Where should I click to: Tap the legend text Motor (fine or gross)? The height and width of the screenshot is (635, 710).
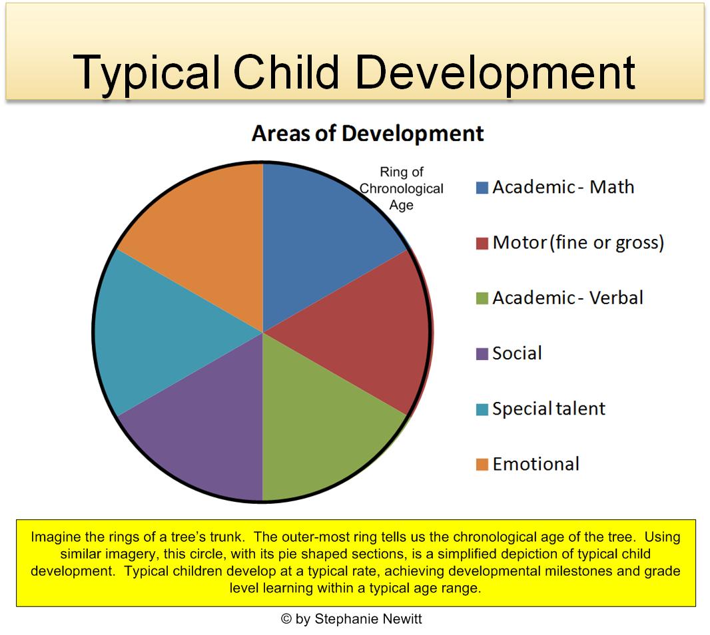tap(578, 242)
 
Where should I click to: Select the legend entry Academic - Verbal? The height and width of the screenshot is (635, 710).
tap(567, 298)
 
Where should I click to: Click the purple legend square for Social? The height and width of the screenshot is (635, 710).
tap(482, 354)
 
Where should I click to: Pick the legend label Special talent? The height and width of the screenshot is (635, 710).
tap(549, 408)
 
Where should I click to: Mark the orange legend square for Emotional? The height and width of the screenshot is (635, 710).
tap(482, 465)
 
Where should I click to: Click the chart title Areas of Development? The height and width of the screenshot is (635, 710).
tap(368, 133)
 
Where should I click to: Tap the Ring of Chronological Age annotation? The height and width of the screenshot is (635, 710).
tap(402, 188)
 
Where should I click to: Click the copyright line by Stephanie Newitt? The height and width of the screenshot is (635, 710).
tap(352, 619)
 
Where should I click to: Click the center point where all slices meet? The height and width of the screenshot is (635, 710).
tap(263, 331)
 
